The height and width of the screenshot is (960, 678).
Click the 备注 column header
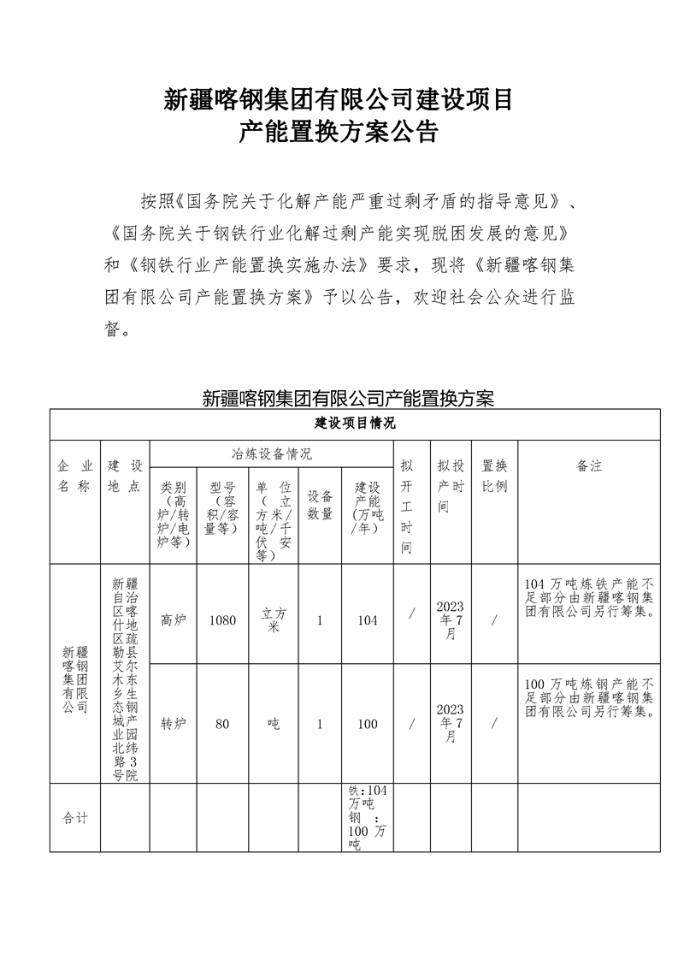[x=589, y=466]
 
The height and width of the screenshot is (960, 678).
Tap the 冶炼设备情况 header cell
[x=272, y=453]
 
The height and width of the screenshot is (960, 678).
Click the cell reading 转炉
[x=173, y=723]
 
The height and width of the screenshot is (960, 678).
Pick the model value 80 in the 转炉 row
[x=222, y=723]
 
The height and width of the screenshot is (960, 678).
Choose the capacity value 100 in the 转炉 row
[x=367, y=723]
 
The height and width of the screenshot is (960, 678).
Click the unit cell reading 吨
[x=273, y=723]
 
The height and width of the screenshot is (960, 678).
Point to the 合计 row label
[x=75, y=817]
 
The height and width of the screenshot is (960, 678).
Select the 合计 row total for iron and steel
[x=367, y=817]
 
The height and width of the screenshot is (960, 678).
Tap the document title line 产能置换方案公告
[x=339, y=133]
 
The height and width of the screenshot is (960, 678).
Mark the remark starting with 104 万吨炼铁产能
[x=589, y=598]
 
